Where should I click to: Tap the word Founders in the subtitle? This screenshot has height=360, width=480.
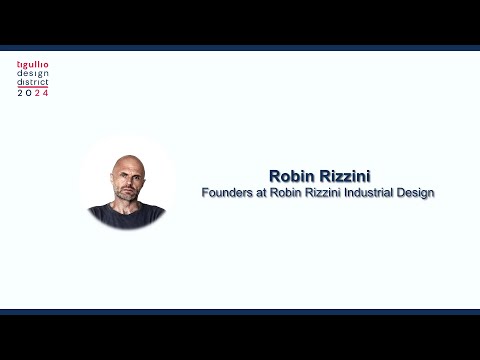point(229,192)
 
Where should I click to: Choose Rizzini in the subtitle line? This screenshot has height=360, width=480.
point(324,192)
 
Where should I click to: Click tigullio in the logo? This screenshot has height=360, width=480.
point(32,65)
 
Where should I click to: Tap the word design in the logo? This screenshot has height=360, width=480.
point(32,74)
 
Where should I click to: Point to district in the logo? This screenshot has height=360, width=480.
point(32,83)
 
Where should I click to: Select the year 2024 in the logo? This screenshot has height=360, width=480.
point(32,92)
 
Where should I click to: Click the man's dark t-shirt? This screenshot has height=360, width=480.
point(126,217)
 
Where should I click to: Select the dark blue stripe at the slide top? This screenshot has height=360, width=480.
point(240,47)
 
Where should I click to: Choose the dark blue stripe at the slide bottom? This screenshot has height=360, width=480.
point(240,312)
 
